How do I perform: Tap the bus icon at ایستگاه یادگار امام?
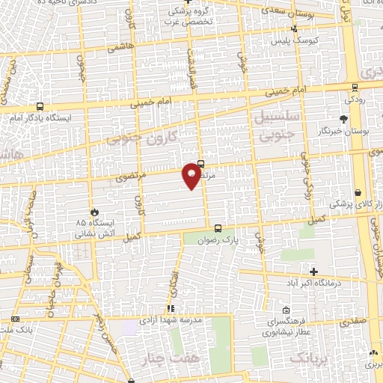pos(39,107)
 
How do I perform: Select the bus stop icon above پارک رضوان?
pos(218,229)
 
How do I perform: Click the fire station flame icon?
pos(94,212)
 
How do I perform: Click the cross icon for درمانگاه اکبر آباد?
pos(314,272)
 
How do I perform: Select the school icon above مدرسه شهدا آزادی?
pos(171,307)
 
